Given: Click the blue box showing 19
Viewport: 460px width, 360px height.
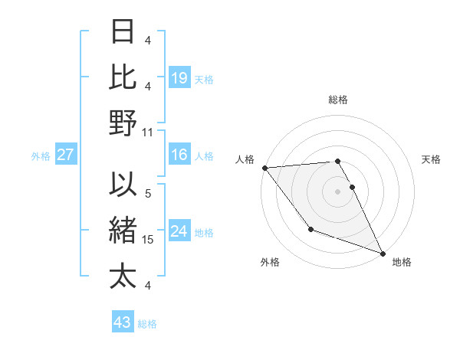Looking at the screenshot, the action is tap(179, 77).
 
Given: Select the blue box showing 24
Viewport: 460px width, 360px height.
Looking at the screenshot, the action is tap(179, 232).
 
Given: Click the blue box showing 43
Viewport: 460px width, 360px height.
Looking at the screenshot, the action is tap(123, 322).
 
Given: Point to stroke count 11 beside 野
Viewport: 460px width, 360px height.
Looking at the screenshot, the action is tap(148, 132).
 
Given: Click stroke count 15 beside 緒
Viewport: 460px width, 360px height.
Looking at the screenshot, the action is tap(148, 240).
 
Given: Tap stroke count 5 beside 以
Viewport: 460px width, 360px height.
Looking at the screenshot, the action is tap(148, 194).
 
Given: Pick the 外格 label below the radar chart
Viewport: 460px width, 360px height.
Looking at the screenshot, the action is tap(270, 263).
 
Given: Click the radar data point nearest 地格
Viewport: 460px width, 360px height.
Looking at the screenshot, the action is tap(383, 253).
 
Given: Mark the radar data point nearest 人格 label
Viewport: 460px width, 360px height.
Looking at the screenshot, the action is tap(264, 168).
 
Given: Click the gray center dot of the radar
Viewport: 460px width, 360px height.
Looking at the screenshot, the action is tap(338, 191).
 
